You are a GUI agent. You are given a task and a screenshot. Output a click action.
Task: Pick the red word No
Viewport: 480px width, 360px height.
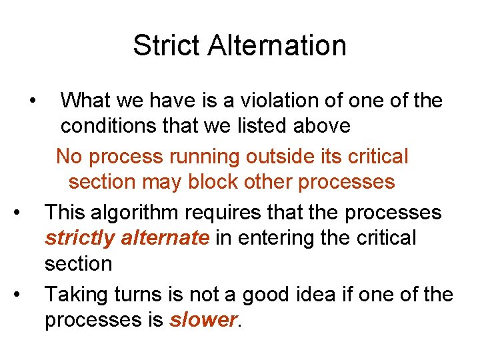click(69, 157)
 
